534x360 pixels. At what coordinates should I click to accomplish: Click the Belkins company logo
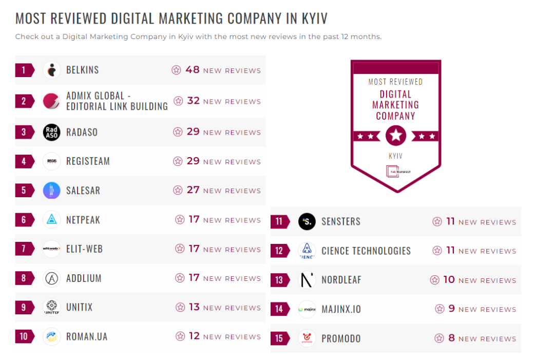pos(51,70)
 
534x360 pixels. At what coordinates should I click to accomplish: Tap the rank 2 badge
pos(24,101)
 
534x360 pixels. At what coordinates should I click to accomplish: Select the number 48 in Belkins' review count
pos(193,70)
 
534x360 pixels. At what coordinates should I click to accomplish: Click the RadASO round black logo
pos(51,132)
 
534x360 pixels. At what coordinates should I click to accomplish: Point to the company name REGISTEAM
pos(88,161)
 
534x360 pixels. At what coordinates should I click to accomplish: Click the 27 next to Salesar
pos(193,190)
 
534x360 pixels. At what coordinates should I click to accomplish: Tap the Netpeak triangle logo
pos(51,220)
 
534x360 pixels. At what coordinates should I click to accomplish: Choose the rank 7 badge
pos(24,249)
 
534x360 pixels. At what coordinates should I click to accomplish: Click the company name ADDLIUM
pos(84,278)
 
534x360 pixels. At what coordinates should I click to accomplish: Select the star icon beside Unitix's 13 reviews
pos(180,307)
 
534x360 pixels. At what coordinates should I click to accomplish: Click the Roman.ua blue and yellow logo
pos(51,337)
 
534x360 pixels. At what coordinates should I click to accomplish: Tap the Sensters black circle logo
pos(307,222)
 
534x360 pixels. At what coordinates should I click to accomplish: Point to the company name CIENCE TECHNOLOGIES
pos(366,251)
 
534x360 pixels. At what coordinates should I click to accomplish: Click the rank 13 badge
pos(279,280)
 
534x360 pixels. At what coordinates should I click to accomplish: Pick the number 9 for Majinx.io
pos(452,309)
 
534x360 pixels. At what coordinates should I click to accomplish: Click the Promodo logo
pos(307,338)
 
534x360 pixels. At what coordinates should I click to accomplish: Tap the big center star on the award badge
pos(395,136)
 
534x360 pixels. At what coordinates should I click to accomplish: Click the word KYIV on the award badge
pos(395,156)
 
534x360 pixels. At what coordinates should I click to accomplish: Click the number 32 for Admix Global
pos(193,101)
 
